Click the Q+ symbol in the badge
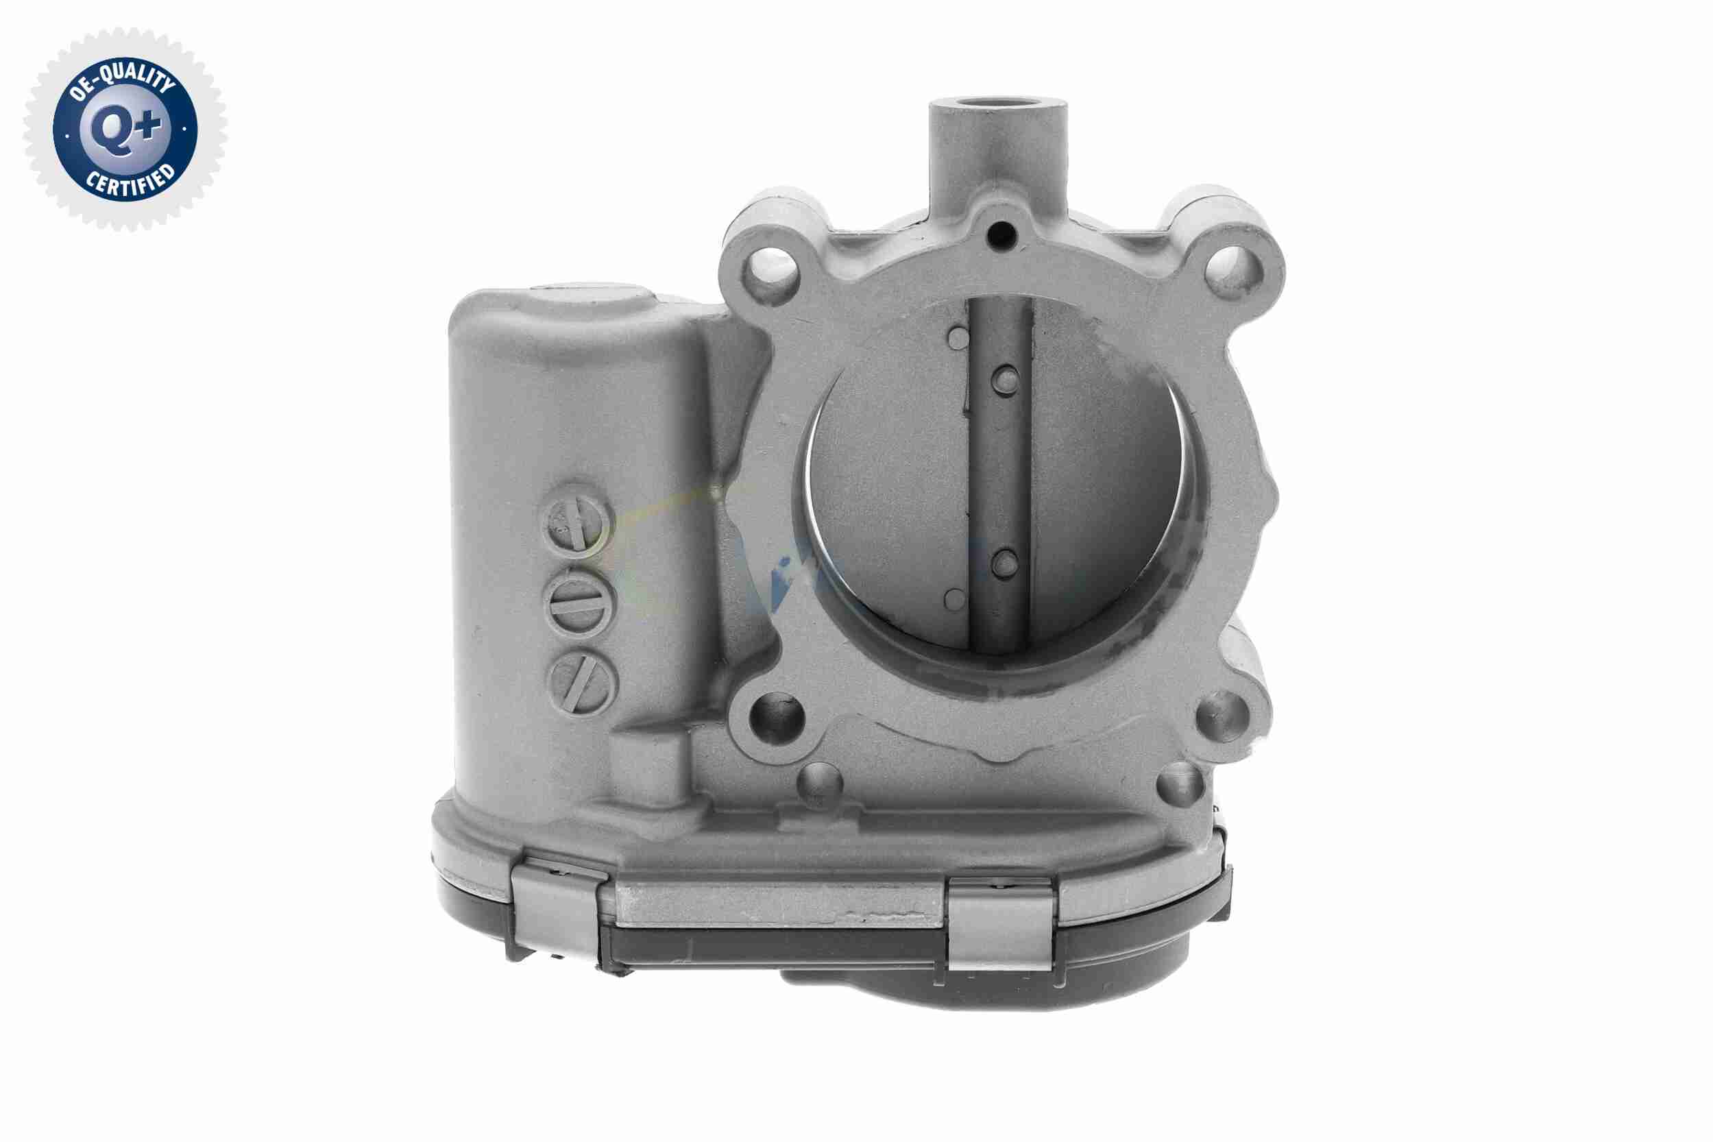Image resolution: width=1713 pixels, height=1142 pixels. pos(125,130)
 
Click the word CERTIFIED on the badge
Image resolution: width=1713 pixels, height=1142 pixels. pos(130,182)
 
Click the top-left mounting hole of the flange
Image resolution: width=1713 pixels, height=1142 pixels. pos(770,272)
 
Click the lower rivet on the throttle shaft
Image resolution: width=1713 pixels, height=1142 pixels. pos(1005,563)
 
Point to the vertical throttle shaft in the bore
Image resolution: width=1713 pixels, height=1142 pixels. pos(1000,474)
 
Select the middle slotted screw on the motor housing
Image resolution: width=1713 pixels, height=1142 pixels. pos(580,602)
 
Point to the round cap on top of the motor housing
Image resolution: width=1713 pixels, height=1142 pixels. pos(592,297)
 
